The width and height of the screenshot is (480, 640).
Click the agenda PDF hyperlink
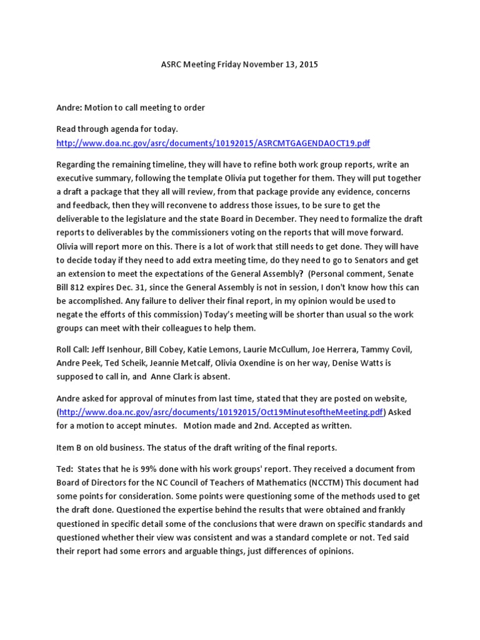tap(212, 143)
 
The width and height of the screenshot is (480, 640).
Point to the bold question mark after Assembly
tap(302, 273)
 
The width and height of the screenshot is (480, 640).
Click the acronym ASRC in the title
tap(166, 64)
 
